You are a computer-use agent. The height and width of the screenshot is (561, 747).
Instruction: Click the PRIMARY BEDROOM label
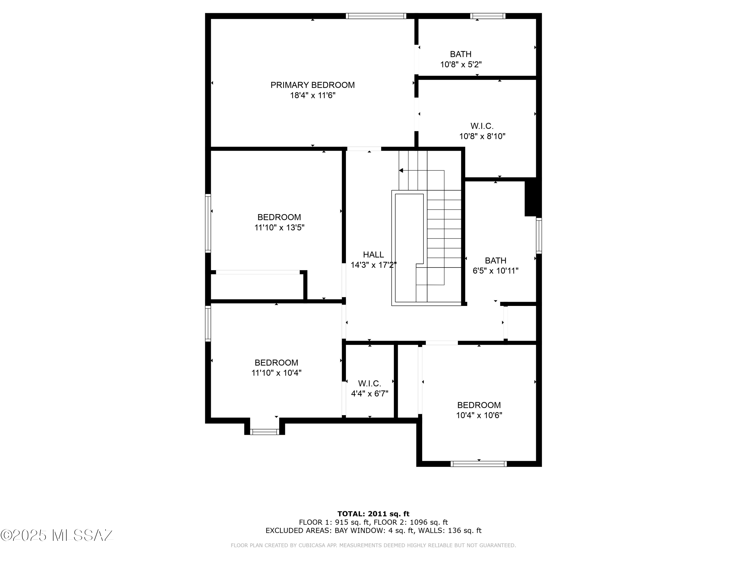312,85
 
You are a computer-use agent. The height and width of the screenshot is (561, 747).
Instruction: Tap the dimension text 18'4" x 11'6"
312,95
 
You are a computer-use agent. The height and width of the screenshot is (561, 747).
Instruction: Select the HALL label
373,255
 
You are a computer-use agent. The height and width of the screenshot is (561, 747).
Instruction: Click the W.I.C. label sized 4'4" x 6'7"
370,383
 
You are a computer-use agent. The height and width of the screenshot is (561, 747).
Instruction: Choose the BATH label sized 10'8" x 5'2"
461,54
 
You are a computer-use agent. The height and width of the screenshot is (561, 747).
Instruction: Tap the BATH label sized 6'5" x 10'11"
496,260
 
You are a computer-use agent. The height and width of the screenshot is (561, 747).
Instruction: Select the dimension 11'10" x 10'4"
276,373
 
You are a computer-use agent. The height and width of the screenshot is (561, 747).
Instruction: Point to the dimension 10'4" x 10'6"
479,415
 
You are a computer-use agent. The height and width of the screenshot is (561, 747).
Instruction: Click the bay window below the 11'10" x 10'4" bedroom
264,432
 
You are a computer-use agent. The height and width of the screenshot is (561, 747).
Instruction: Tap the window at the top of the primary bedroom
375,16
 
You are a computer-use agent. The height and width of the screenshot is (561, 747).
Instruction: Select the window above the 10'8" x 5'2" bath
488,16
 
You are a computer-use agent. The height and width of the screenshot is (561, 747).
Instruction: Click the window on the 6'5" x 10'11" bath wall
539,236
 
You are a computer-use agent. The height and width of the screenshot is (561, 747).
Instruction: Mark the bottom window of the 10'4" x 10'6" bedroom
479,464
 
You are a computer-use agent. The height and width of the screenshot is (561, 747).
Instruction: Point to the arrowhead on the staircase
401,171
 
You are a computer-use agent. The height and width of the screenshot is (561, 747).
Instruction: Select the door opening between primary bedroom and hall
364,149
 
